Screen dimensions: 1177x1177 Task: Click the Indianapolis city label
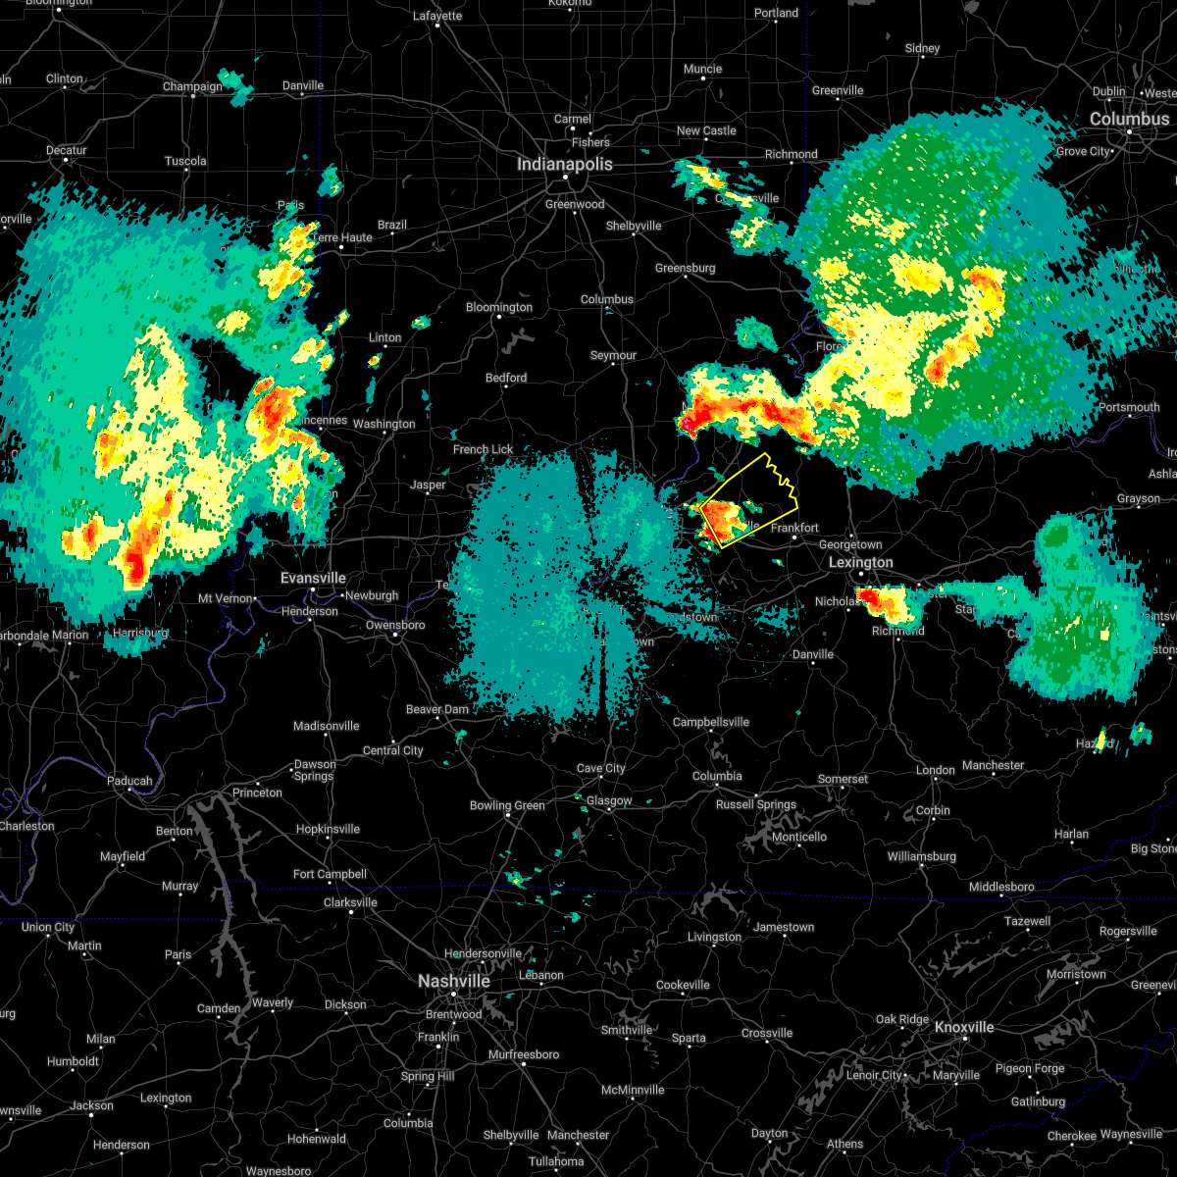[x=565, y=164]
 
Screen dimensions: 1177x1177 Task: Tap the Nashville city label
[x=453, y=981]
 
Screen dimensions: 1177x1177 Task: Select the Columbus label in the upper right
[x=1129, y=119]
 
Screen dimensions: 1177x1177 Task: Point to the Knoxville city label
[x=964, y=1027]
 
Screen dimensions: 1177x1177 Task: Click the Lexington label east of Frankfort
[x=861, y=562]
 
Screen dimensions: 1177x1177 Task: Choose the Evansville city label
[x=313, y=578]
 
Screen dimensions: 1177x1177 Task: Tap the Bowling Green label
[x=507, y=805]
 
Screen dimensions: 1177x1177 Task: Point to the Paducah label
[x=129, y=781]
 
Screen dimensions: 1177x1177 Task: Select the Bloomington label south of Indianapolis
[x=499, y=307]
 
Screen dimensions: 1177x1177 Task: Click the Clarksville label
[x=350, y=902]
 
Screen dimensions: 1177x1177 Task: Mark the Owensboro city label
[x=396, y=625]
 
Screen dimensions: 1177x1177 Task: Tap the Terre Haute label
[x=341, y=237]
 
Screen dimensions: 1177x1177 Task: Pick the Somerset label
[x=843, y=779]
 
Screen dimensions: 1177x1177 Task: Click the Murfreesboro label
[x=524, y=1054]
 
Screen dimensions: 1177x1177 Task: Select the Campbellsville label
[x=711, y=722]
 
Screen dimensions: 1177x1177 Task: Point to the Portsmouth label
[x=1129, y=407]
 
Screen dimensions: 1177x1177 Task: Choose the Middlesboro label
[x=1001, y=887]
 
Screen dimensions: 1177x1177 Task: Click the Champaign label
[x=192, y=86]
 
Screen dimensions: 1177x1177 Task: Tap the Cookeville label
[x=683, y=985]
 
